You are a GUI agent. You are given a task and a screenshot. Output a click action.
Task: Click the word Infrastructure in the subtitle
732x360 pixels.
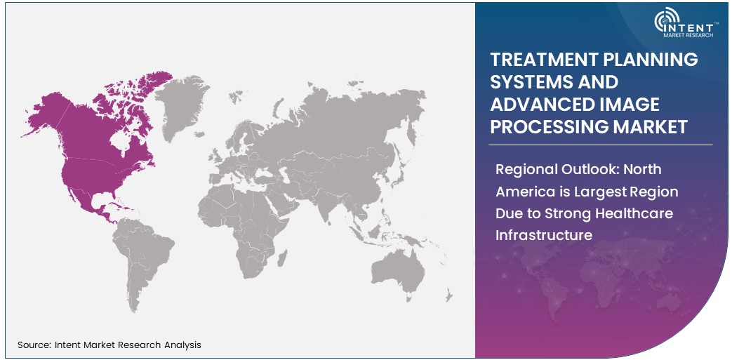click(x=543, y=234)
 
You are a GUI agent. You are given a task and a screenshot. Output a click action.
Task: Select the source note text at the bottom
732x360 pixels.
click(x=109, y=345)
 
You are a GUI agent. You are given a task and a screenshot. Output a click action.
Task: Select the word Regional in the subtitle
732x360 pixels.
click(x=525, y=169)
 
